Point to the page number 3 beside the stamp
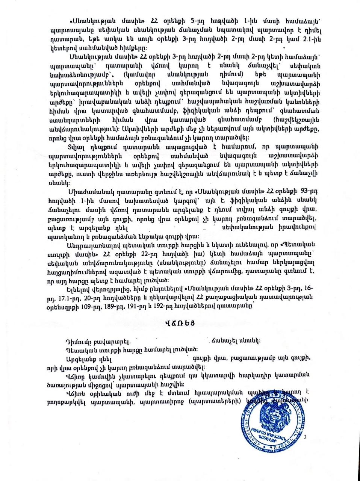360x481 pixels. pyautogui.click(x=305, y=437)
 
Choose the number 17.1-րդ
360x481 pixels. pyautogui.click(x=62, y=297)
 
